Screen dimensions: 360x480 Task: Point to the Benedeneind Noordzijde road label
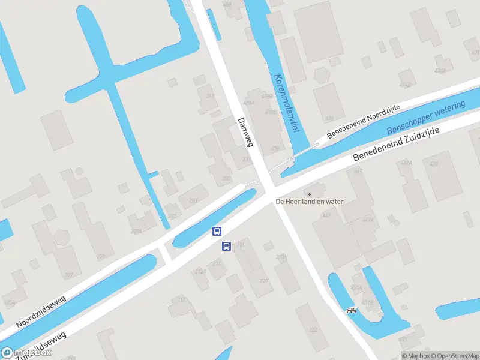(x=363, y=121)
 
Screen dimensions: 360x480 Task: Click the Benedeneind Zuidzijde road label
(x=397, y=144)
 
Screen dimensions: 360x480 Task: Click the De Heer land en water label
(x=309, y=202)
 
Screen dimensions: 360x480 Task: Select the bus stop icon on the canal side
(x=217, y=231)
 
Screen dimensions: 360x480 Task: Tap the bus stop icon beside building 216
(x=227, y=245)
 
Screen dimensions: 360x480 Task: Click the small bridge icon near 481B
(x=351, y=310)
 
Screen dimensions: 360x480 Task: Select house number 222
(x=313, y=330)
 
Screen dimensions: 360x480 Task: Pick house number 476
(x=329, y=119)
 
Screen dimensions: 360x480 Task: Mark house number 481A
(x=356, y=288)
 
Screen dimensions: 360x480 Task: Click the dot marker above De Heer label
(x=310, y=194)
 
